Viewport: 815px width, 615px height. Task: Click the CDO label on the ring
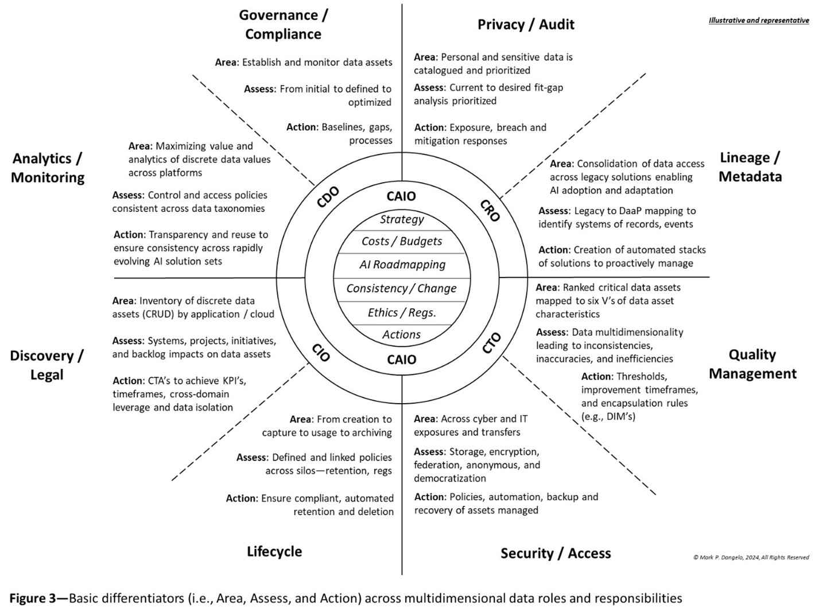coord(328,197)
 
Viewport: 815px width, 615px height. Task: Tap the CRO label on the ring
coord(490,210)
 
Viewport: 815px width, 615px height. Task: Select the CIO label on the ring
coord(321,352)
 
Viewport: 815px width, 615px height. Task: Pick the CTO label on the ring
coord(491,343)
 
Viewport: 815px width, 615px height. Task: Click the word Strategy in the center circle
coord(402,219)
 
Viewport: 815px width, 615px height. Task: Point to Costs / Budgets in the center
coord(402,241)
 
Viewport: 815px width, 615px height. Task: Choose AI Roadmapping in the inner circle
coord(402,265)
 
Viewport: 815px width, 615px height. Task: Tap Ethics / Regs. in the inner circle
coord(402,312)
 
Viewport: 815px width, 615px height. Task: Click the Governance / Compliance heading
coord(284,25)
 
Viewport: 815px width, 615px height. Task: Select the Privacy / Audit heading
coord(526,25)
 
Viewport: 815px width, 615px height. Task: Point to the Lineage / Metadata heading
coord(750,167)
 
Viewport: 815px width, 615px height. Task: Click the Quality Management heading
coord(752,364)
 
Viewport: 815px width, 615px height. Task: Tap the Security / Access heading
coord(556,553)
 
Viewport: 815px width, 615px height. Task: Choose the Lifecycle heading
coord(274,551)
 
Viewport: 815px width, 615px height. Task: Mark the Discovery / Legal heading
coord(47,365)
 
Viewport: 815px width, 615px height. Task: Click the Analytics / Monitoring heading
coord(48,168)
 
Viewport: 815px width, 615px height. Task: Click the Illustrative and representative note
coord(759,21)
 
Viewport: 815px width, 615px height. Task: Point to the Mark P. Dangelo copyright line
coord(751,557)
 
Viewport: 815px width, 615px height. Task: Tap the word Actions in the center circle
coord(402,335)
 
